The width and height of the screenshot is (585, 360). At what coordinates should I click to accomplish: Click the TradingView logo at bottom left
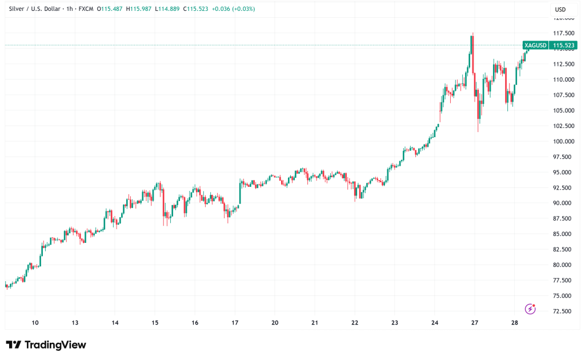click(46, 345)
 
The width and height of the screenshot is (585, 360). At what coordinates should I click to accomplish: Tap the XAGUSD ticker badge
click(535, 45)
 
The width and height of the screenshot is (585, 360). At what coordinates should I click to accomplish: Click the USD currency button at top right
click(560, 10)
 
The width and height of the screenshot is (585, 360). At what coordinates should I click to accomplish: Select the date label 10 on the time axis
click(35, 322)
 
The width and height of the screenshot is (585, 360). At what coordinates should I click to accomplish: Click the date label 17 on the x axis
click(235, 322)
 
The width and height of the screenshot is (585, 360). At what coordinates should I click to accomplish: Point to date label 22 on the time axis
click(355, 322)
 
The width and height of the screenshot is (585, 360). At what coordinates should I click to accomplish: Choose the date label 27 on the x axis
click(475, 322)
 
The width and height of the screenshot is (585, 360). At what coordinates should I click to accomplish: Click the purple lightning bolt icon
click(530, 309)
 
